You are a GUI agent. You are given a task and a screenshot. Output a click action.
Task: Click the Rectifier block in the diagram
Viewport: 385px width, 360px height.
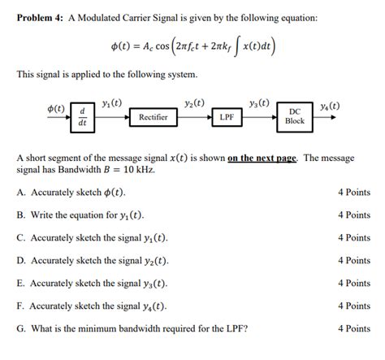coord(153,117)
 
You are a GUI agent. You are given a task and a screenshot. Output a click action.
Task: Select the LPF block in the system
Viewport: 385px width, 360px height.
coord(227,117)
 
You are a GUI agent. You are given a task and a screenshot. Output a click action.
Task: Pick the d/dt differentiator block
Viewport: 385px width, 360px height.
coord(82,116)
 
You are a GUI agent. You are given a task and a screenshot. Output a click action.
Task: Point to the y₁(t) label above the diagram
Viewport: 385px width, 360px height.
coord(112,103)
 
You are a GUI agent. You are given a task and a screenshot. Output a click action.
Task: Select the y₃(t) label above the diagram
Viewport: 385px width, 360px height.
coord(260,103)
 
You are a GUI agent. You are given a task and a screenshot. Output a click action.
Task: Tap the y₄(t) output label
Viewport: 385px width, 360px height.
coord(330,106)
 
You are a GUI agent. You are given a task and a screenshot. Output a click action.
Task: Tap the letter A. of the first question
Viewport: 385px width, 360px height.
coord(20,193)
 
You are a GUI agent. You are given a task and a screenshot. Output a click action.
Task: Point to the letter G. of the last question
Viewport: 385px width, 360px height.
coord(20,328)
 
